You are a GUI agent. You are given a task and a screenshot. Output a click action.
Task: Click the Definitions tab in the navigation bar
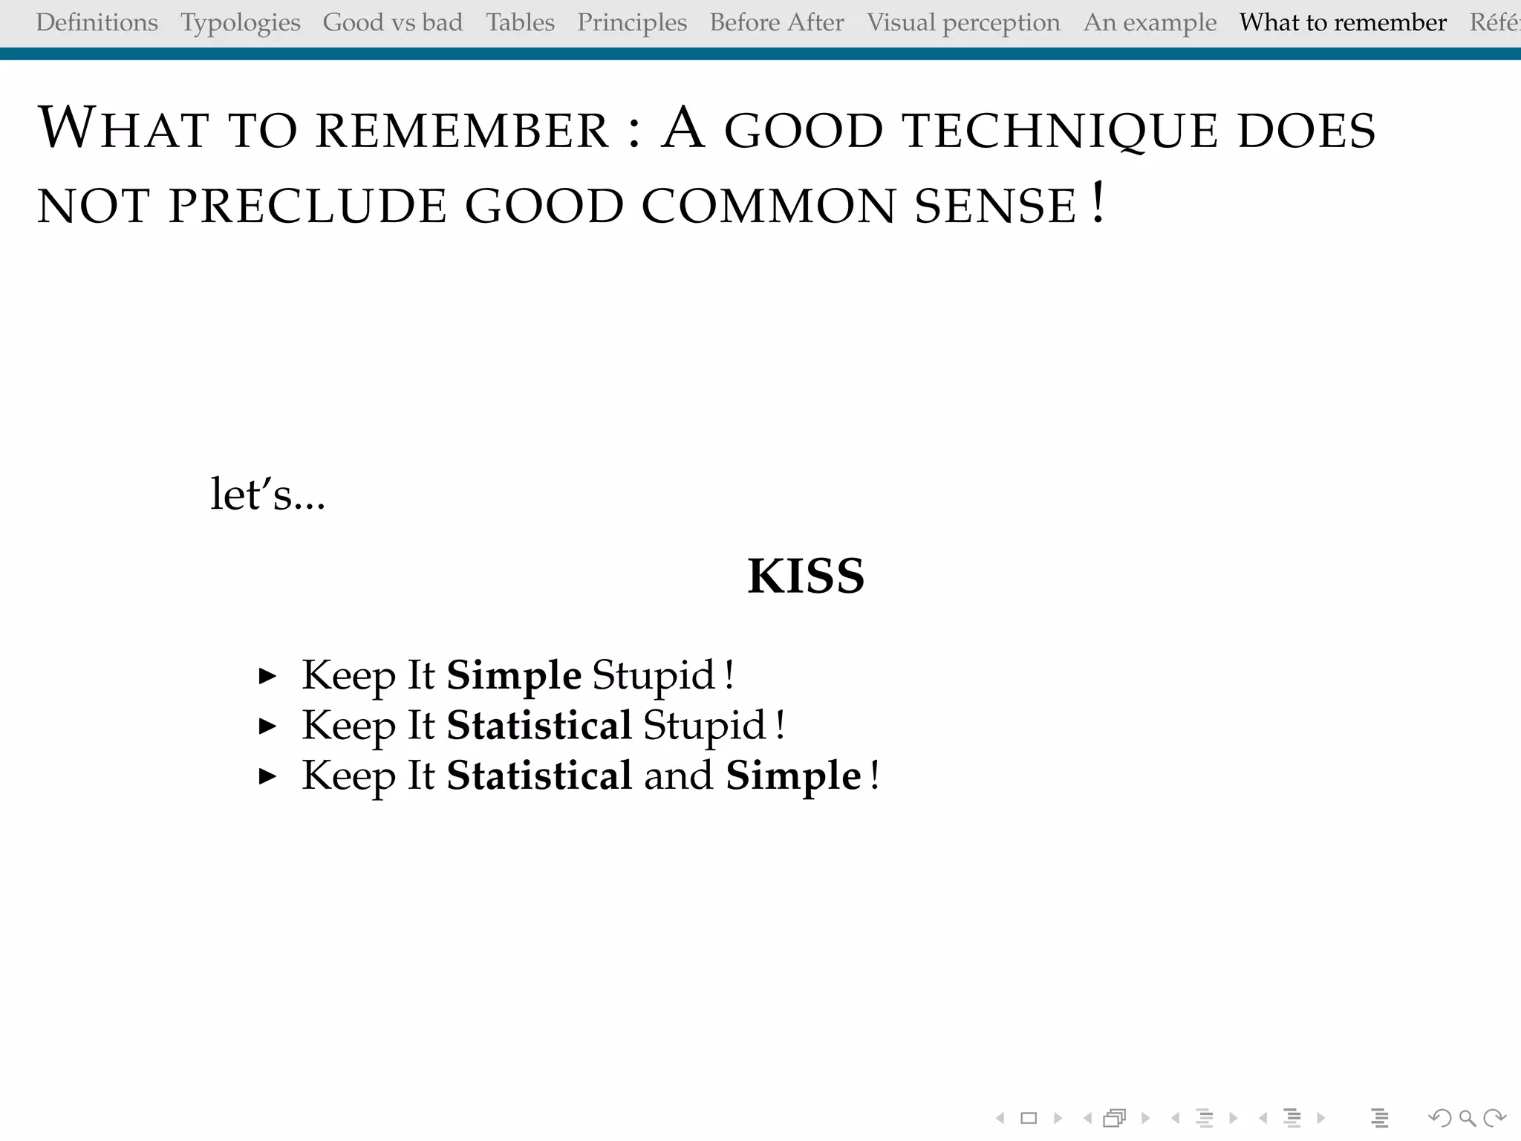tap(97, 23)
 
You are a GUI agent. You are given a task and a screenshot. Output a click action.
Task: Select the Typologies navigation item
tap(241, 23)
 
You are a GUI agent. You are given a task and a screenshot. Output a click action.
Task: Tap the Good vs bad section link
tap(393, 23)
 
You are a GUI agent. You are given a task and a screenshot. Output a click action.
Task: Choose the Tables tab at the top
tap(521, 23)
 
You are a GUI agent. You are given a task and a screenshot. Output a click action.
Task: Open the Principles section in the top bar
tap(632, 23)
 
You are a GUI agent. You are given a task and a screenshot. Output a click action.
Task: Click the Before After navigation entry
tap(777, 23)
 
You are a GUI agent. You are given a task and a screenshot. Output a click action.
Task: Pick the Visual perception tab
tap(963, 23)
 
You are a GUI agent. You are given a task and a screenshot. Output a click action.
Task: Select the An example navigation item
tap(1150, 23)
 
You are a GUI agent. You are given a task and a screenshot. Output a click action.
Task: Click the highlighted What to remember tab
tap(1343, 23)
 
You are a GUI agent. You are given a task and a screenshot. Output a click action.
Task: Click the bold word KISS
tap(806, 576)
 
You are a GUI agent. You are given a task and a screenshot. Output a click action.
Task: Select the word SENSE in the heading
tap(995, 207)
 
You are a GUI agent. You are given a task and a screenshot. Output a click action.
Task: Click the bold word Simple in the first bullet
tap(514, 675)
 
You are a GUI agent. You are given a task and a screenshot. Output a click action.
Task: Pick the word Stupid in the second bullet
tap(704, 726)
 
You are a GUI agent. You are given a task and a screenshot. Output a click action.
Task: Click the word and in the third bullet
tap(678, 776)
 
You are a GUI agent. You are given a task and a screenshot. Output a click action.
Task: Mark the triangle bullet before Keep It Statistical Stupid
tap(267, 726)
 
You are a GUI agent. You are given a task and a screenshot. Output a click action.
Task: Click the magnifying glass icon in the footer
tap(1467, 1118)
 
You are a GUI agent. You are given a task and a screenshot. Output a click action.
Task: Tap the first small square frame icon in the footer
tap(1029, 1118)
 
